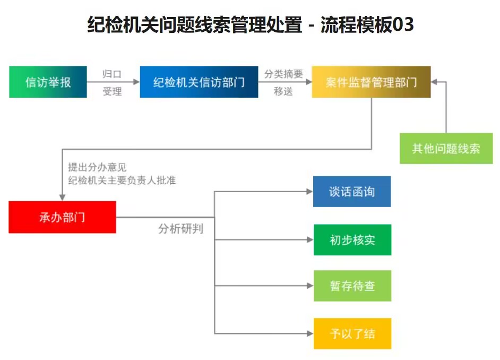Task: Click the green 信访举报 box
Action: point(48,82)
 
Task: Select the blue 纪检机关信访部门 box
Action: point(199,82)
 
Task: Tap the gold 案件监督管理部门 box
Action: point(371,82)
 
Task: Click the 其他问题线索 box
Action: point(446,148)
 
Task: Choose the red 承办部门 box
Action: point(62,217)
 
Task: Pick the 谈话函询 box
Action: point(352,191)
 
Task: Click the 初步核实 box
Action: point(352,240)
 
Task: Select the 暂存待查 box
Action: point(352,286)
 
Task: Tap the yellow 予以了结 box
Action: point(352,333)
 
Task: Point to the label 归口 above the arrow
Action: point(112,74)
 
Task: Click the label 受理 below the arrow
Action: point(112,91)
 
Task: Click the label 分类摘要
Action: point(283,74)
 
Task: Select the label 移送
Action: point(283,91)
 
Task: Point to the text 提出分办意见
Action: point(97,167)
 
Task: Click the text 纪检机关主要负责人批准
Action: point(122,180)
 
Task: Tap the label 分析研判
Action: point(181,229)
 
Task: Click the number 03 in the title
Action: point(403,24)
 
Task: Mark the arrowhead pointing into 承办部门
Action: point(62,198)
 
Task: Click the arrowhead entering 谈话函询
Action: point(309,191)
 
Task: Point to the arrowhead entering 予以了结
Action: point(310,333)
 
